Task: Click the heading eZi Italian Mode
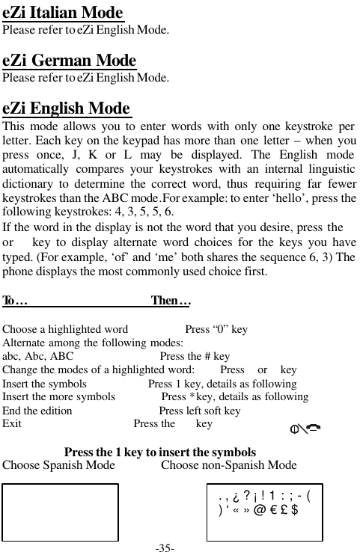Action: click(x=63, y=13)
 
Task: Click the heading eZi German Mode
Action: click(x=70, y=60)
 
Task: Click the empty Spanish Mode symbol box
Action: click(x=61, y=512)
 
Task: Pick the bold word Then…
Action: click(x=171, y=301)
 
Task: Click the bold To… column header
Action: click(x=16, y=301)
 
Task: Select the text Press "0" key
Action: click(x=216, y=329)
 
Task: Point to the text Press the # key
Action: click(x=195, y=357)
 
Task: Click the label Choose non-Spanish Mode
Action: click(x=229, y=465)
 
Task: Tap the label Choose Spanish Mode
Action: click(x=59, y=465)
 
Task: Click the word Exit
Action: click(x=12, y=424)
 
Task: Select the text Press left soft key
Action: click(x=200, y=411)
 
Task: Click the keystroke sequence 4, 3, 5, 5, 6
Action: click(x=143, y=212)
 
